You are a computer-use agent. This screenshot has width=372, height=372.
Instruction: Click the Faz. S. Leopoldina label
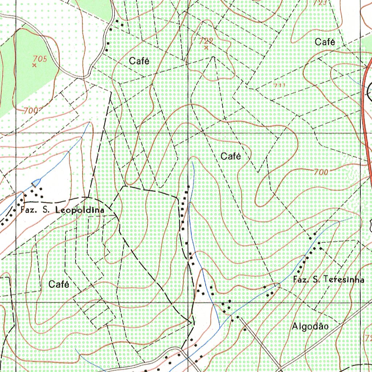[x=62, y=210]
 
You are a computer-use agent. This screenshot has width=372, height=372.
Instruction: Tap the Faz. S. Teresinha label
[x=328, y=280]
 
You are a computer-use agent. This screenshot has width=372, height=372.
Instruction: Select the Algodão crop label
[x=310, y=327]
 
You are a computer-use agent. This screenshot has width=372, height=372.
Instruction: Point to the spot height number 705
[x=40, y=58]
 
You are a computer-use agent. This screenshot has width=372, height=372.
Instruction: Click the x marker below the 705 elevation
[x=35, y=65]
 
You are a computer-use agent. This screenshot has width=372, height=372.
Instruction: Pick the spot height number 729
[x=206, y=41]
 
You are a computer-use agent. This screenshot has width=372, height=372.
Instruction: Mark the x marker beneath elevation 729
[x=206, y=48]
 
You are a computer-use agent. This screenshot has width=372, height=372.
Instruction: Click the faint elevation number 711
[x=279, y=86]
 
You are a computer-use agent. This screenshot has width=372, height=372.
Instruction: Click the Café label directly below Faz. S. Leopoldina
[x=59, y=284]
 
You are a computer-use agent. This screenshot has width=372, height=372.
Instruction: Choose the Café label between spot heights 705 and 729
[x=139, y=61]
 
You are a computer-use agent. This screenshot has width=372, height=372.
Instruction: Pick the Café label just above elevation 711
[x=325, y=42]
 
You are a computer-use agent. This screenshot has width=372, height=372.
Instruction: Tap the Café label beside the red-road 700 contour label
[x=231, y=157]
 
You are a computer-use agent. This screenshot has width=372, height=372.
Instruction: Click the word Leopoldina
[x=79, y=210]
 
